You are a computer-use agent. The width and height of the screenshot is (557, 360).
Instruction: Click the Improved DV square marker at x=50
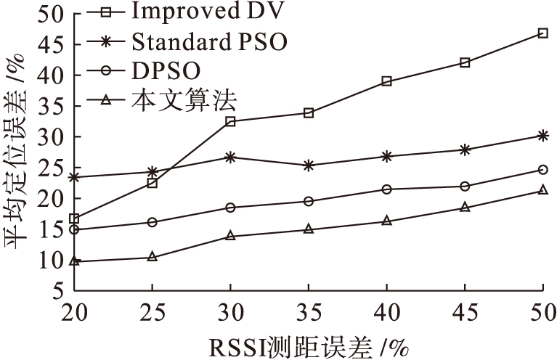tap(542, 33)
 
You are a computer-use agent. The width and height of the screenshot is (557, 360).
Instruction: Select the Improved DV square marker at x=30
tap(230, 121)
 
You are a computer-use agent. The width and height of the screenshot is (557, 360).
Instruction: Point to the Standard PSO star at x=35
tap(309, 165)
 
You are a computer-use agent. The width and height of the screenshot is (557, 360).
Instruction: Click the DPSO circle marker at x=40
tap(386, 189)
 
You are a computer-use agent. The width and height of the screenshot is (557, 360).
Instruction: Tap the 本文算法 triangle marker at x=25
tap(153, 257)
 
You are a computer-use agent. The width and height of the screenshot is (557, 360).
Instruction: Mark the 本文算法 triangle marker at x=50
tap(542, 190)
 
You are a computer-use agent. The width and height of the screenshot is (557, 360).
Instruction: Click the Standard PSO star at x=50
tap(542, 136)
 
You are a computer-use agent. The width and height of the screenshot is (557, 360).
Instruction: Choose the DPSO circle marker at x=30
tap(230, 208)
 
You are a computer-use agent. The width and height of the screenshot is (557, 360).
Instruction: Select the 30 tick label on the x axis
tap(230, 314)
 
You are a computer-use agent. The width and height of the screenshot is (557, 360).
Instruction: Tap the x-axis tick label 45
tap(465, 314)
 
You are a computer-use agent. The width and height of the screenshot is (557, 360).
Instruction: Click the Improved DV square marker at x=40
tap(386, 81)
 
